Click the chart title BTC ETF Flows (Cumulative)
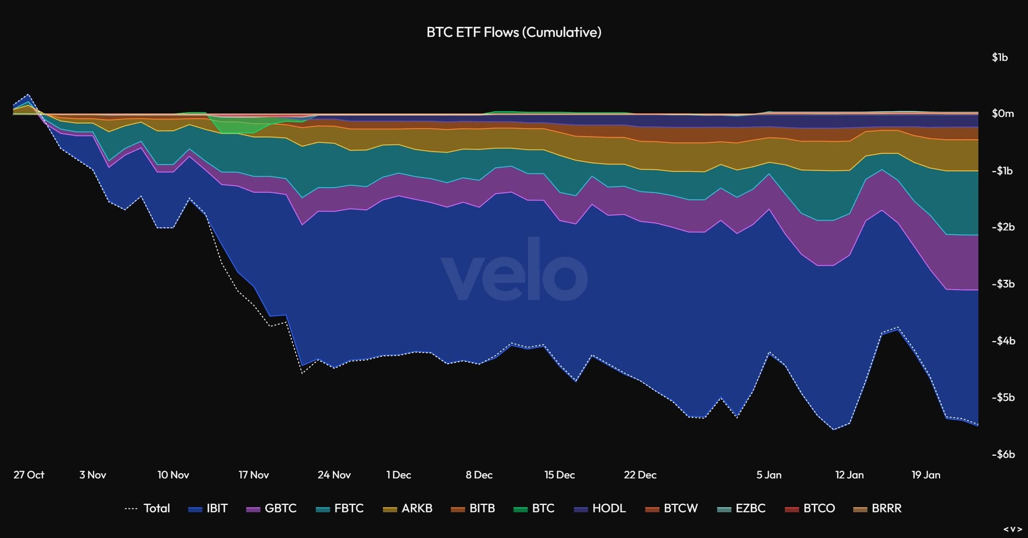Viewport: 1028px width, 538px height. pos(513,32)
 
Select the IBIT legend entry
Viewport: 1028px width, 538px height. pos(208,508)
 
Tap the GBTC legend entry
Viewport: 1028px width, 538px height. pos(272,508)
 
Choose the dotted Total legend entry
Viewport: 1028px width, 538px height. pos(148,508)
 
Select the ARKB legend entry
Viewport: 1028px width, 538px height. pos(408,508)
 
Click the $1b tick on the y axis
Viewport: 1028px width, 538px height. pos(999,57)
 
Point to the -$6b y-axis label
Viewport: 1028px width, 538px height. pos(1002,455)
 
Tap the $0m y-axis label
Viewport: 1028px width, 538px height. pos(1002,114)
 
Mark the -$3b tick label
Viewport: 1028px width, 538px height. pos(1002,284)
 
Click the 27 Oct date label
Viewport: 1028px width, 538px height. pos(29,475)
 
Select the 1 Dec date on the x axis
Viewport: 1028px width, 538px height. pos(399,475)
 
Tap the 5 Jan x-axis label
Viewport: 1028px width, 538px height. pos(769,475)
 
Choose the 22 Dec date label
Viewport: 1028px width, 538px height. pos(640,475)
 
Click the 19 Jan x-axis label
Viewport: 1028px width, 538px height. pos(926,475)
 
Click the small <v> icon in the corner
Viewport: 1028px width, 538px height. pos(1013,529)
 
